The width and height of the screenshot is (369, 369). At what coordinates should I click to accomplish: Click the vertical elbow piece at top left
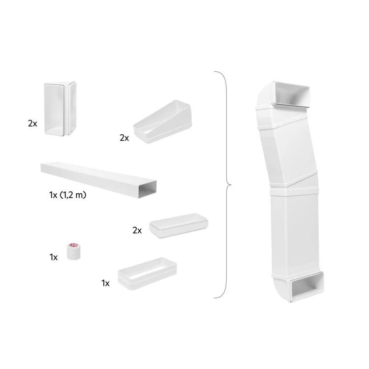click(60, 109)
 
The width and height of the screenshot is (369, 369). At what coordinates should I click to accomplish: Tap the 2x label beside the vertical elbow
click(32, 123)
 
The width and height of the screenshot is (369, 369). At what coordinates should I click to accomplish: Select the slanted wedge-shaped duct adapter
click(163, 122)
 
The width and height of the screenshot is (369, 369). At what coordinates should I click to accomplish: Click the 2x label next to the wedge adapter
click(124, 138)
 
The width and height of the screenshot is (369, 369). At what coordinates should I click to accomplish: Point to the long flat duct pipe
click(98, 179)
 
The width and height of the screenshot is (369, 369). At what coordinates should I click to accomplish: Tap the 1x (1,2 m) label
click(68, 195)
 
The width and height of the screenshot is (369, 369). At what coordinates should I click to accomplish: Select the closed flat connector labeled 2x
click(179, 225)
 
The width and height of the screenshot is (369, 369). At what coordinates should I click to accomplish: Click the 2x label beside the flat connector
click(137, 230)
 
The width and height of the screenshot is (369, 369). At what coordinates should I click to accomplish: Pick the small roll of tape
click(72, 251)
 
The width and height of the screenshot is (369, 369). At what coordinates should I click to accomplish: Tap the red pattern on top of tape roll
click(72, 245)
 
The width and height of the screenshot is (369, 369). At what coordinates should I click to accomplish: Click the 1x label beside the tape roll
click(54, 257)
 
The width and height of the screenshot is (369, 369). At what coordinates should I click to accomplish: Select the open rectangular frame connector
click(147, 274)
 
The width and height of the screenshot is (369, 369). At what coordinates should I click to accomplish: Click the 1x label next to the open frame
click(105, 283)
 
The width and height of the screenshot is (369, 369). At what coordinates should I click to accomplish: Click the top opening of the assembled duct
click(292, 94)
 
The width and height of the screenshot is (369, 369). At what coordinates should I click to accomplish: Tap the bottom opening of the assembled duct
click(307, 287)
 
